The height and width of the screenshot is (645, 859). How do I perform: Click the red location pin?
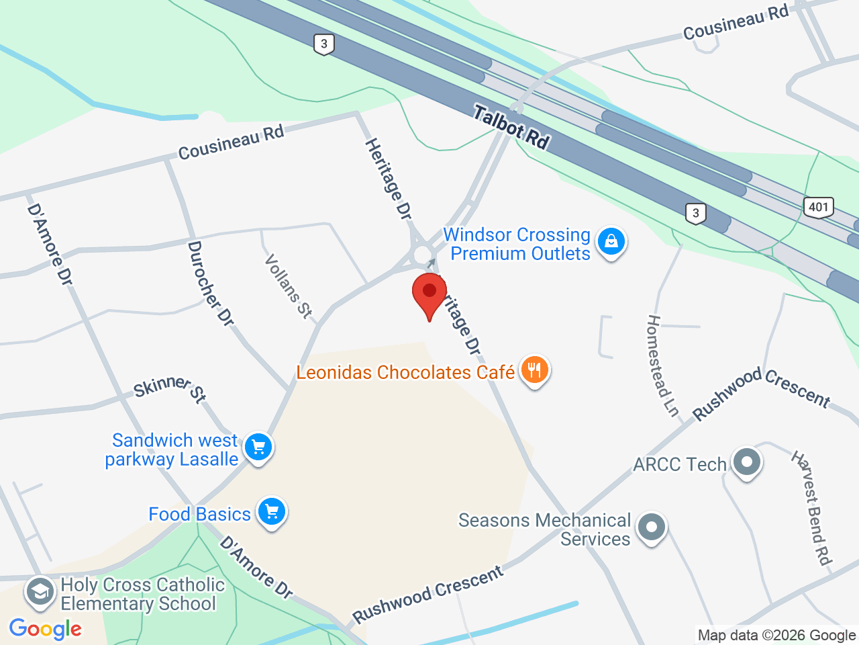tap(429, 294)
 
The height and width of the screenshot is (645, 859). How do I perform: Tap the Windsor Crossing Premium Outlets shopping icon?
tap(611, 241)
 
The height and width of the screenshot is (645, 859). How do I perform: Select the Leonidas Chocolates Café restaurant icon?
tap(534, 370)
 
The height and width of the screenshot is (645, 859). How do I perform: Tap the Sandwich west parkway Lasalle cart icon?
tap(258, 447)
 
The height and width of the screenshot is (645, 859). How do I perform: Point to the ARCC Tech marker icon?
tap(746, 462)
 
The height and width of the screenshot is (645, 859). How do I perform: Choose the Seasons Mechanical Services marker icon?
tap(651, 527)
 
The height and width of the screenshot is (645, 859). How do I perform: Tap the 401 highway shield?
tap(818, 207)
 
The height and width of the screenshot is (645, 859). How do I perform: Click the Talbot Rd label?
tap(511, 127)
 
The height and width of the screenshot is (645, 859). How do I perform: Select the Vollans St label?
tap(289, 286)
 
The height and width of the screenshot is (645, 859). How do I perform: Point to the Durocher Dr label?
tap(210, 284)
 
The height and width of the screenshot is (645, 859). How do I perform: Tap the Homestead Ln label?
tap(662, 365)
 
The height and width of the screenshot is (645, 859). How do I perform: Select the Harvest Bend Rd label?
tap(812, 508)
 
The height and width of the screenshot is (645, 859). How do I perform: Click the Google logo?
tap(46, 630)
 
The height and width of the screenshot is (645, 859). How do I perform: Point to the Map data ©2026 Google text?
tap(776, 636)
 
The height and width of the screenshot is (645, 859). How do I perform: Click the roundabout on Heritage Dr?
tap(422, 255)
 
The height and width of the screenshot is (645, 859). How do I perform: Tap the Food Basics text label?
tap(199, 514)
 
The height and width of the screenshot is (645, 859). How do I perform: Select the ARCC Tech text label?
tap(680, 464)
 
